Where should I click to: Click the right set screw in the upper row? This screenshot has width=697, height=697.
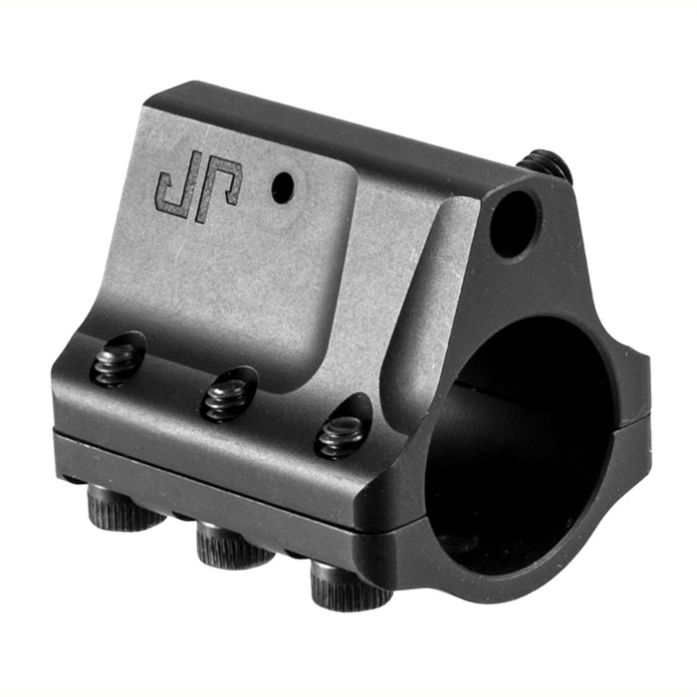341,435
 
